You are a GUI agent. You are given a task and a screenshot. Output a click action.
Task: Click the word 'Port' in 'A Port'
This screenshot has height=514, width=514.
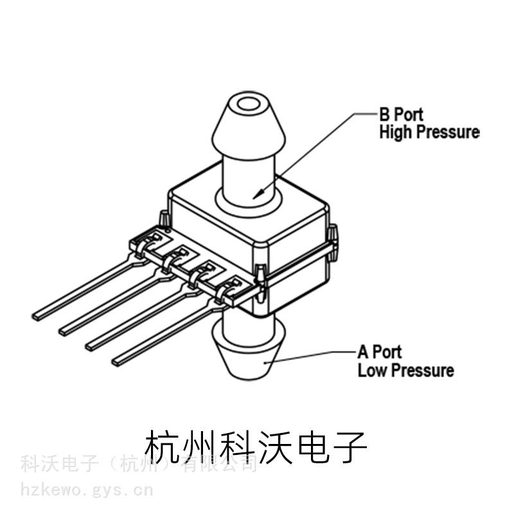click(x=387, y=352)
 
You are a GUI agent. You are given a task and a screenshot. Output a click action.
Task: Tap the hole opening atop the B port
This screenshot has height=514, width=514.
click(x=247, y=105)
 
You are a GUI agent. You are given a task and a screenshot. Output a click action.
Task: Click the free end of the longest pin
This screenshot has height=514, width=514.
click(x=37, y=315)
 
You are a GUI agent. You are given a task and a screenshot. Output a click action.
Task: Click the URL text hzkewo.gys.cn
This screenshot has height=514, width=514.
click(x=87, y=491)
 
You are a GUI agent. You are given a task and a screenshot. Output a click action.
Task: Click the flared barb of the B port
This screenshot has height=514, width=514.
click(x=247, y=125)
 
